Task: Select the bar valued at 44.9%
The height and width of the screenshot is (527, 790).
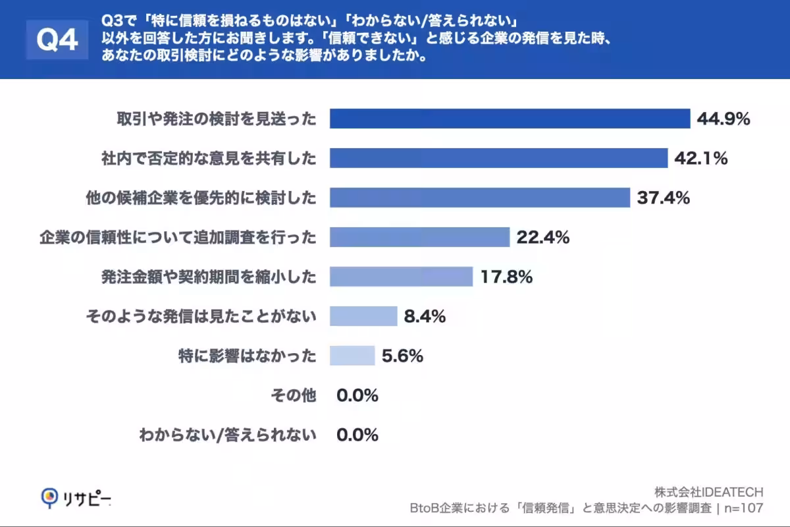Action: (509, 119)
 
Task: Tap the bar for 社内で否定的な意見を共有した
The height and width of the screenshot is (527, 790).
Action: (498, 158)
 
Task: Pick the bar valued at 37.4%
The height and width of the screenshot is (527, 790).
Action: (479, 198)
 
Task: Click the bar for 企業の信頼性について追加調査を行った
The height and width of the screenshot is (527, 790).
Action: (419, 237)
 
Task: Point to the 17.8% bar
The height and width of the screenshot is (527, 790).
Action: (401, 277)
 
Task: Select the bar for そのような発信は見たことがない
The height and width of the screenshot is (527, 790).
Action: (363, 316)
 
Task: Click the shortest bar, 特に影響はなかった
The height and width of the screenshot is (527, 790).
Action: (352, 356)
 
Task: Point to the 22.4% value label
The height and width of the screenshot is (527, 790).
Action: (542, 238)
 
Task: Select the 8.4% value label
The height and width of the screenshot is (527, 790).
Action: (425, 317)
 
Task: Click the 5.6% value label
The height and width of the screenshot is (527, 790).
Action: (402, 356)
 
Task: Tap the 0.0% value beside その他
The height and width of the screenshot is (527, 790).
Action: (357, 396)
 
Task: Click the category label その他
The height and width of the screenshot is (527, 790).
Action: (294, 396)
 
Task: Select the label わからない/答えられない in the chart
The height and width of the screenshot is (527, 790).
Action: (228, 435)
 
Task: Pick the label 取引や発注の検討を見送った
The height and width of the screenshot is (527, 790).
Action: (217, 119)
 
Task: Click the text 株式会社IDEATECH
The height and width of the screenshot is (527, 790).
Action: (708, 492)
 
